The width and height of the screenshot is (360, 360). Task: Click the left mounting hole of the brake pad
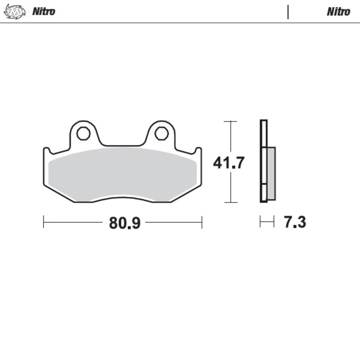click(83, 133)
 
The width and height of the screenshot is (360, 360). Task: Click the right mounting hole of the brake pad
click(162, 133)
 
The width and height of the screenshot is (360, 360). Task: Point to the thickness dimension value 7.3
click(295, 222)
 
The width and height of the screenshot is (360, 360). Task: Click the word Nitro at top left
click(44, 11)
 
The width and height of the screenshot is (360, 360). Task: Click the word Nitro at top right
click(338, 12)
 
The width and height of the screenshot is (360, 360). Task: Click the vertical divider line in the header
click(288, 12)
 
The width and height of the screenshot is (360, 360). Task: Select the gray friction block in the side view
click(271, 173)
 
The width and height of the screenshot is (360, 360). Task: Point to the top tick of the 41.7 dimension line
click(230, 121)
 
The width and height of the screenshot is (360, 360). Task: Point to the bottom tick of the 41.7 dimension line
click(230, 202)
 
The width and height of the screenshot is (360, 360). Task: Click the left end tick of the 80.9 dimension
click(44, 222)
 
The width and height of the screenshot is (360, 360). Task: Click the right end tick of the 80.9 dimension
click(202, 222)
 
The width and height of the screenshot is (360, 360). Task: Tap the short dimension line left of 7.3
click(267, 221)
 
